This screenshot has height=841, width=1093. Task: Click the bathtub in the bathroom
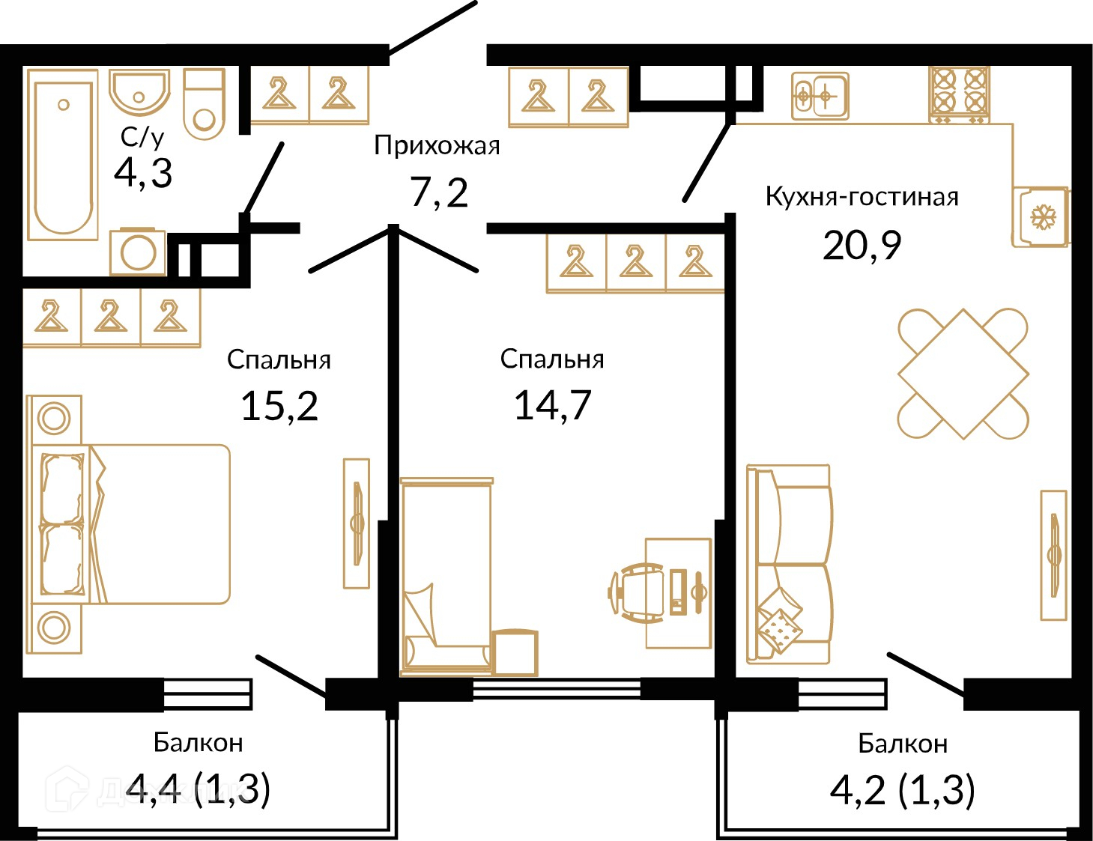(x=62, y=155)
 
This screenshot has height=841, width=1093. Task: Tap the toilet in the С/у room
(x=204, y=104)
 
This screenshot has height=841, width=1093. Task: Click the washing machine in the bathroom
(x=138, y=252)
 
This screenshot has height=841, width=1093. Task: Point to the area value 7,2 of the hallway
(x=438, y=192)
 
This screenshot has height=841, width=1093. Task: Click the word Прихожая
(x=437, y=146)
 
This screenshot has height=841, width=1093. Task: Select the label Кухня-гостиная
(x=862, y=196)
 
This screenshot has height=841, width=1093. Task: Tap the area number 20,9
(x=862, y=246)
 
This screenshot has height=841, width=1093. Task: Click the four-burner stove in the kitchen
(x=959, y=96)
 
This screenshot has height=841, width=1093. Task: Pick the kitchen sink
(x=820, y=96)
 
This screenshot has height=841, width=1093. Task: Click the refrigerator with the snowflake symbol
(x=1041, y=217)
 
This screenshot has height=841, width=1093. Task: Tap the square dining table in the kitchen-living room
(x=963, y=374)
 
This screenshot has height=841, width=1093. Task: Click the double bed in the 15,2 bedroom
(x=129, y=524)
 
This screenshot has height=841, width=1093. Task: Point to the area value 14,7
(x=552, y=405)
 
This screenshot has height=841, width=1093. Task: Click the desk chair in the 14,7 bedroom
(x=636, y=592)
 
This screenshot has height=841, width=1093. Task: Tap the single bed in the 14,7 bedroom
(x=446, y=576)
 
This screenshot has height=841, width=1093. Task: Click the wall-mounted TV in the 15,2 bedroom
(x=357, y=523)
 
